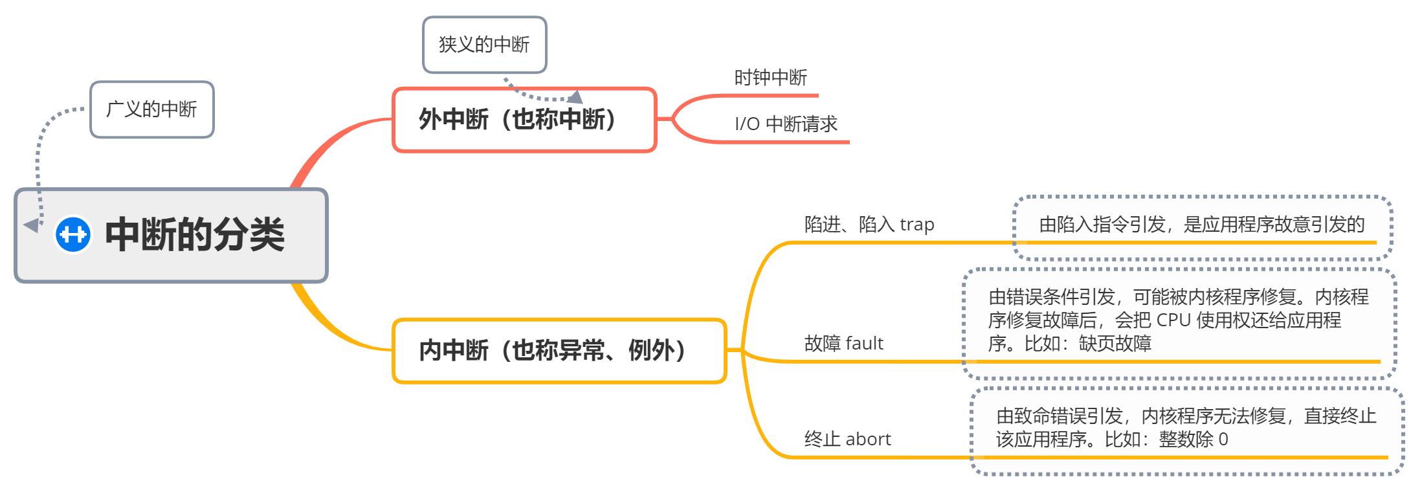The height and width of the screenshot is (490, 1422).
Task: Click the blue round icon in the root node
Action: (x=72, y=234)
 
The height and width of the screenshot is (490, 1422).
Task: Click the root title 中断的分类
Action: (x=195, y=234)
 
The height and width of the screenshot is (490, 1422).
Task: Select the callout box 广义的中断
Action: (x=151, y=109)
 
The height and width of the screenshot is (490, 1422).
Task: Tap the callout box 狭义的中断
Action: (x=484, y=45)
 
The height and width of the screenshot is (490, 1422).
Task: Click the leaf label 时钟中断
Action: (x=770, y=78)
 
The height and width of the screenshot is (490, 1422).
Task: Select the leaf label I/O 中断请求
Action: (x=786, y=124)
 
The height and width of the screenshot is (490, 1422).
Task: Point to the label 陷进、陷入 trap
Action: (x=869, y=225)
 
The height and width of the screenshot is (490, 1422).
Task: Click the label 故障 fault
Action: (x=843, y=343)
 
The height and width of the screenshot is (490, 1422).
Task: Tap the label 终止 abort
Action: (x=847, y=440)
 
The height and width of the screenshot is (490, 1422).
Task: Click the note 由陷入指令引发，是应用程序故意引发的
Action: (x=1201, y=225)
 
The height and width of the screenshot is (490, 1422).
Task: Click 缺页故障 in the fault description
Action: (x=1115, y=344)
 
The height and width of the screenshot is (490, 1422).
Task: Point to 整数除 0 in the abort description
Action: (x=1193, y=440)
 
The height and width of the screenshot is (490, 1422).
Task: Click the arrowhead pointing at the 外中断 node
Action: (x=575, y=97)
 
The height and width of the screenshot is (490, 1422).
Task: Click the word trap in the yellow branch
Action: (x=917, y=225)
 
